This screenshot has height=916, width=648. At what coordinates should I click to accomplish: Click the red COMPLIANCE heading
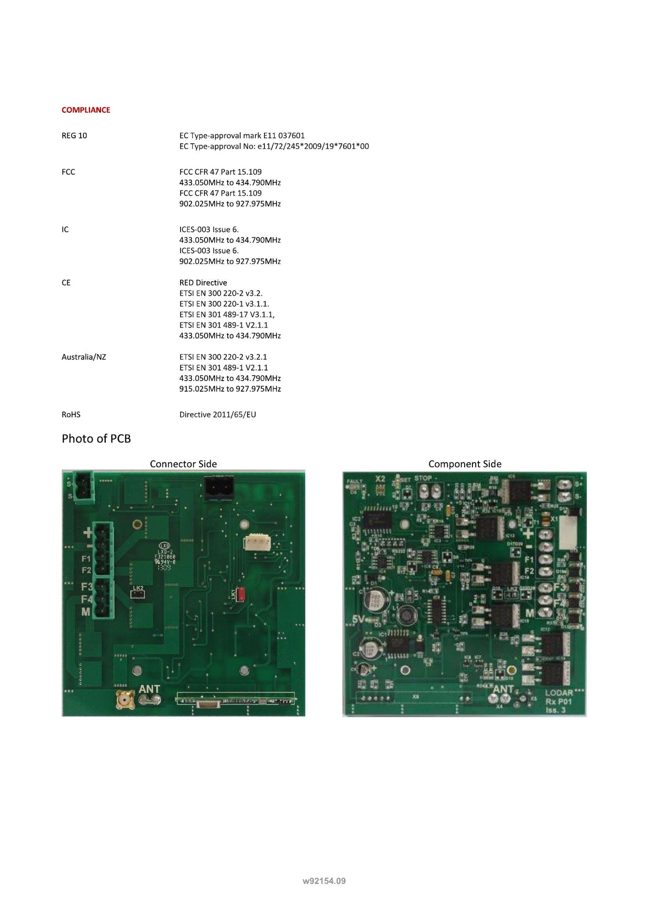[86, 110]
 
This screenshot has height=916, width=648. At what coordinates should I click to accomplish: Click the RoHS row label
[71, 414]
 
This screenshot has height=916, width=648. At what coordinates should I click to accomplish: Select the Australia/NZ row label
[84, 357]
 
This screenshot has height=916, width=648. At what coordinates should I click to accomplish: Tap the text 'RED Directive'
[203, 283]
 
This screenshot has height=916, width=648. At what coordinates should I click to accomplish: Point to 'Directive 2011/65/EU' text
[218, 414]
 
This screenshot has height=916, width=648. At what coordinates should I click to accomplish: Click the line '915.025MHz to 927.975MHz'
[230, 389]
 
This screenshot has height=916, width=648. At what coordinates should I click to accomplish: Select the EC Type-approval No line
[274, 146]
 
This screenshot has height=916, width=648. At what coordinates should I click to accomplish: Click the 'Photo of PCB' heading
[96, 439]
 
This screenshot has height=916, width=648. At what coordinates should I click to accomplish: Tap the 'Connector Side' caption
[183, 464]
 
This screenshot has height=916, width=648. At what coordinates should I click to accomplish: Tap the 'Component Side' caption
[465, 464]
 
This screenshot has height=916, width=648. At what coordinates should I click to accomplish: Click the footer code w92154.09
[324, 881]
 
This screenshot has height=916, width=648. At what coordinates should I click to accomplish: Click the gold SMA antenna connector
[125, 700]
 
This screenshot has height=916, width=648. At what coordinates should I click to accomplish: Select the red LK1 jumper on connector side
[241, 594]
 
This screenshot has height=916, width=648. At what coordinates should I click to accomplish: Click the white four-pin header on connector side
[258, 542]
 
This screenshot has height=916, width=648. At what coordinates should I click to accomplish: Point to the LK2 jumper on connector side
[137, 594]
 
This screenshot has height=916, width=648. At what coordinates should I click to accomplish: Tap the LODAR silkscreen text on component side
[559, 693]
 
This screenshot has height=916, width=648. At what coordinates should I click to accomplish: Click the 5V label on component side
[358, 619]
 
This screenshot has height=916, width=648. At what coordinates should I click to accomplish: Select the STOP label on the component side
[423, 478]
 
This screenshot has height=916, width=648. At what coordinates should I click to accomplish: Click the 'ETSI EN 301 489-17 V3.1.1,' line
[227, 314]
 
